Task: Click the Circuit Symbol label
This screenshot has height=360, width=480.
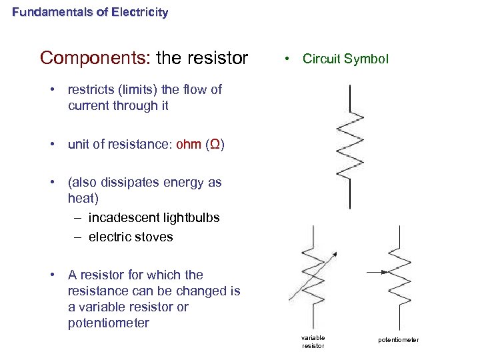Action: tap(345, 59)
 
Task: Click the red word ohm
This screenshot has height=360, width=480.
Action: tap(189, 145)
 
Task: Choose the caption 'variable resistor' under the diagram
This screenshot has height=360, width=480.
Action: tap(313, 341)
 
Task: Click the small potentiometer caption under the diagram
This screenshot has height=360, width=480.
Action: tap(399, 340)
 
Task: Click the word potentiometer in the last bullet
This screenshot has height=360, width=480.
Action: tap(109, 323)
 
